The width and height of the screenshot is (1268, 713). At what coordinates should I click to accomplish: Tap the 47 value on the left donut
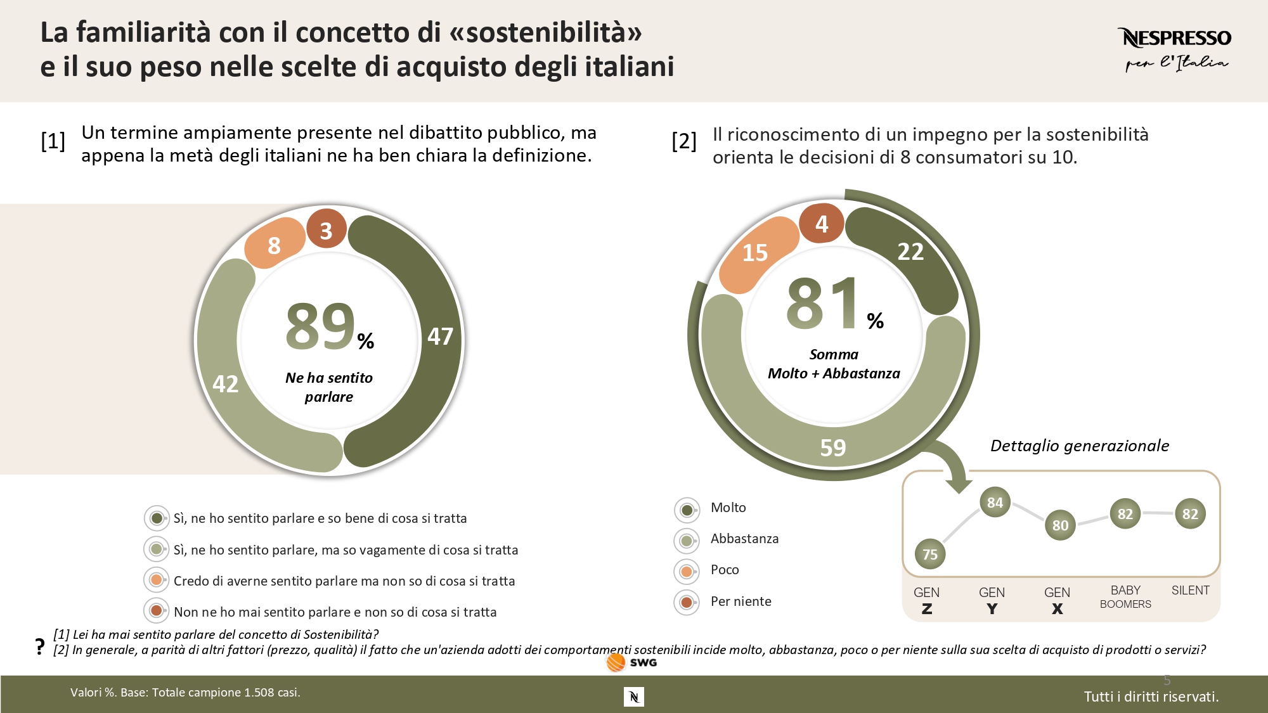click(440, 337)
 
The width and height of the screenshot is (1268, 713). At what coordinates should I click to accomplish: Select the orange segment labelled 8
click(274, 245)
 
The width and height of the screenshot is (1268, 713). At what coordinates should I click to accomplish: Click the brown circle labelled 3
click(327, 230)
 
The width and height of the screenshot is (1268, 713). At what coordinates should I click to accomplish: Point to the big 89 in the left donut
click(321, 326)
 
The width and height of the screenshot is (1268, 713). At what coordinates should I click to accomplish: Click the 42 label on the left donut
click(226, 384)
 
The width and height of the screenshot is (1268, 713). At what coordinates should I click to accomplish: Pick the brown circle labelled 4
click(822, 223)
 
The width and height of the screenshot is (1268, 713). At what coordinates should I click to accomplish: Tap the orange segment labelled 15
click(755, 253)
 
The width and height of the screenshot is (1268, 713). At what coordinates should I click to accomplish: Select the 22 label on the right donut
click(910, 252)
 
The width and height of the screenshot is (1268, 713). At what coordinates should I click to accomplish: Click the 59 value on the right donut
click(833, 448)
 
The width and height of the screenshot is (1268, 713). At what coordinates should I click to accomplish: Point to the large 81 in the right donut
click(823, 304)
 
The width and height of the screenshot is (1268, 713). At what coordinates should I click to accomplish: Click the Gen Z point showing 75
click(930, 555)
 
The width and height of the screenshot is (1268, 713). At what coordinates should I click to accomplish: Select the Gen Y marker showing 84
click(995, 503)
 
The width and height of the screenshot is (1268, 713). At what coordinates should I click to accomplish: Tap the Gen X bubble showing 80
click(1060, 525)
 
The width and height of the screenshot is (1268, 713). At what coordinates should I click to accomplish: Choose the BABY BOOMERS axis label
click(1125, 596)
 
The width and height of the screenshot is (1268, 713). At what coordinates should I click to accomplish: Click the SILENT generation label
click(1190, 591)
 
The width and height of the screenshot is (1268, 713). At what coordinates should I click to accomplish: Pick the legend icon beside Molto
click(687, 509)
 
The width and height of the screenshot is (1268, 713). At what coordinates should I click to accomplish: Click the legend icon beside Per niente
click(687, 602)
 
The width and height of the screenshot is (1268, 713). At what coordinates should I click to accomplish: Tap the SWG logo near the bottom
click(631, 662)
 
